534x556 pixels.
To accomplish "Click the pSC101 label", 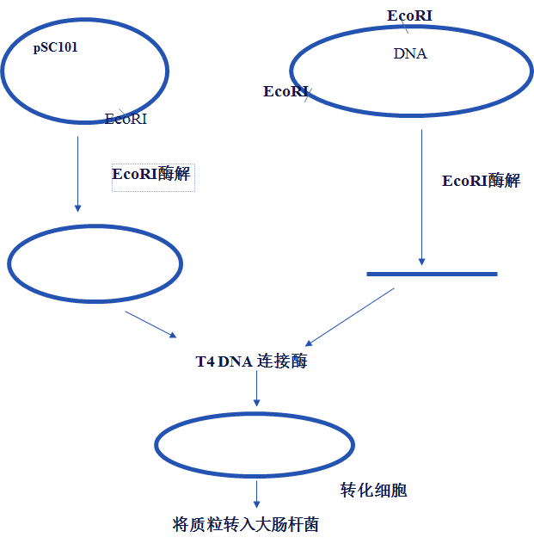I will click(56, 48).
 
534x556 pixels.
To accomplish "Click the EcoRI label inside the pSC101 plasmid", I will click(126, 119).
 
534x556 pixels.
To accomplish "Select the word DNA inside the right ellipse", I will click(410, 53).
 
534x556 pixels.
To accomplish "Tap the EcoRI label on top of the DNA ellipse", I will click(409, 15).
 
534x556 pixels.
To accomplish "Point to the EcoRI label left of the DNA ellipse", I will click(285, 91).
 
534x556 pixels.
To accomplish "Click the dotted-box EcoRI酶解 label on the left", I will click(152, 173).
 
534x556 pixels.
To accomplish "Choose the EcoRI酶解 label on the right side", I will click(481, 181).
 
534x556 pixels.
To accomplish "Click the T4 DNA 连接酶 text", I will click(251, 361).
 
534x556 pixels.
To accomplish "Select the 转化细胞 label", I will click(373, 491).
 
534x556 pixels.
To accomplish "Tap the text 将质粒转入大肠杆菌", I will click(246, 524).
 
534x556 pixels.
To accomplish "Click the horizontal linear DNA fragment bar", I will click(432, 274).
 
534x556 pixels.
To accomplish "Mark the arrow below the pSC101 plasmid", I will click(77, 172).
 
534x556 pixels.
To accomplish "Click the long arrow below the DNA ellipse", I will click(421, 198).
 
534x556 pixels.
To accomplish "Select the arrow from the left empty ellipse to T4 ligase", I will click(151, 324).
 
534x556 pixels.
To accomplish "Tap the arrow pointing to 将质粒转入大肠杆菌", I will click(256, 494).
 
